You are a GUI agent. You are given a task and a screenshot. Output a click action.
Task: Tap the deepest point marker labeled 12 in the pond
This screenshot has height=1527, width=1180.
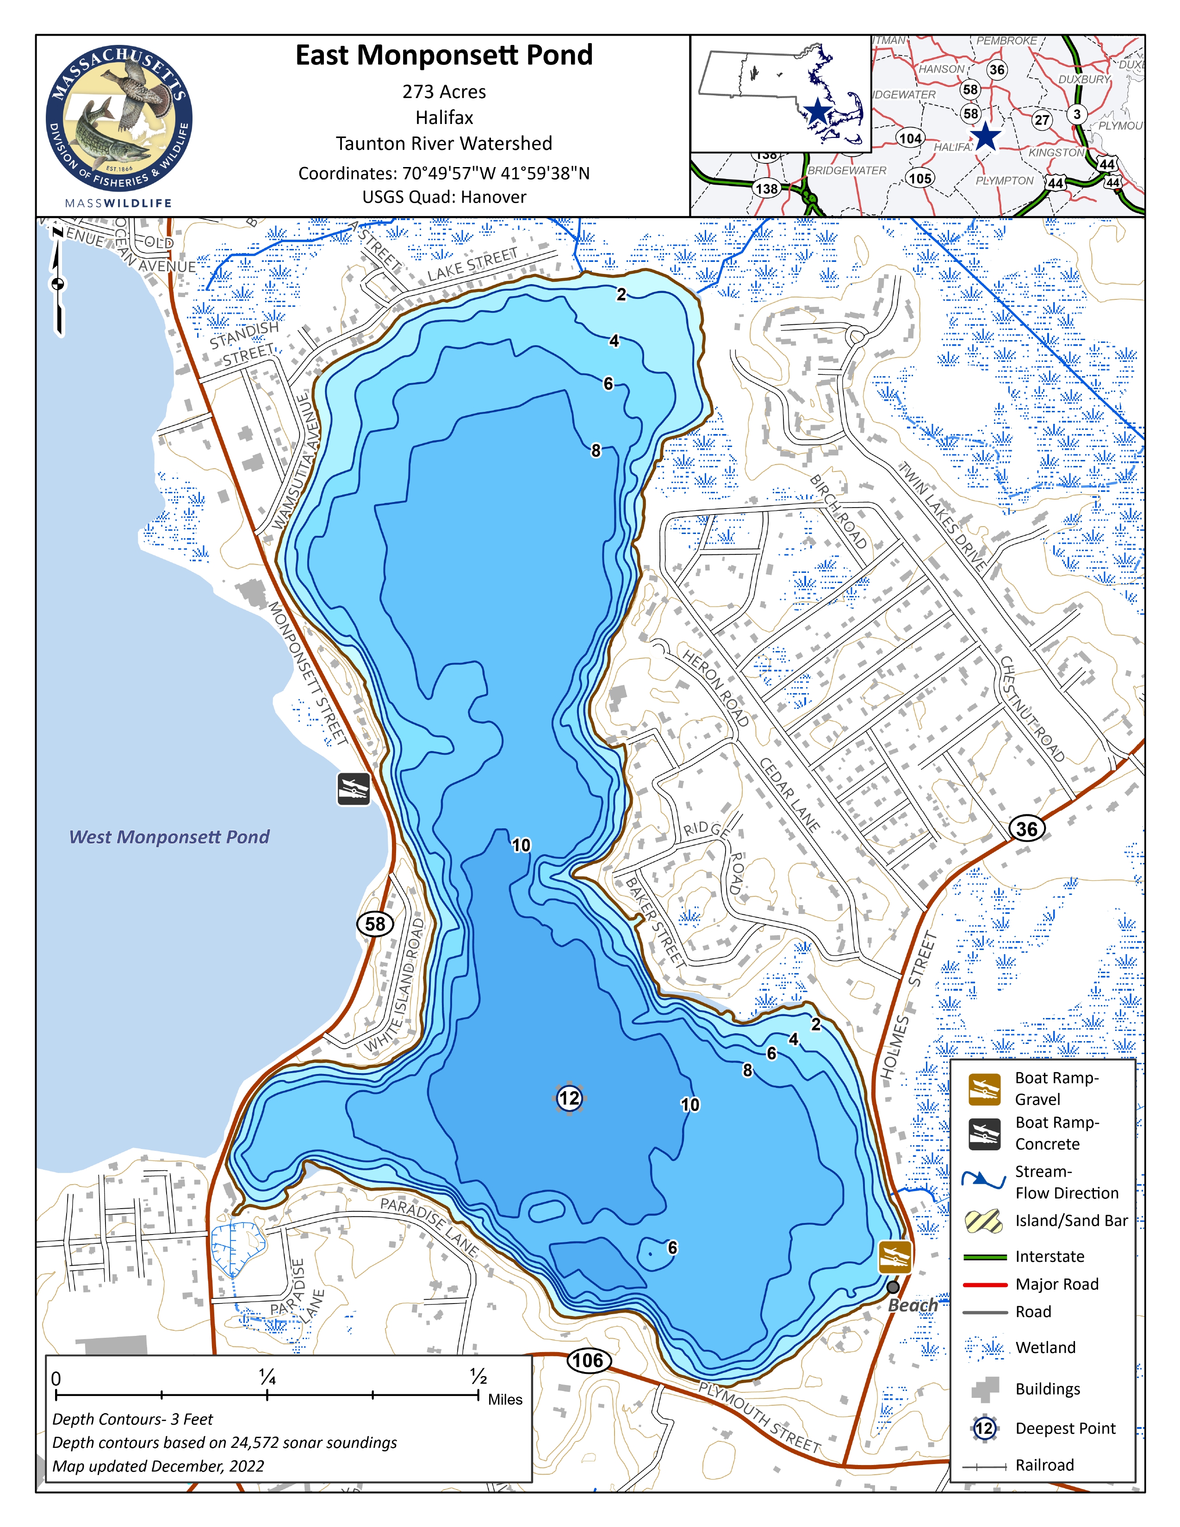pyautogui.click(x=569, y=1098)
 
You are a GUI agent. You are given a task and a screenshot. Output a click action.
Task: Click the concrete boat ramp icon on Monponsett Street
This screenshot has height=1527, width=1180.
pyautogui.click(x=354, y=789)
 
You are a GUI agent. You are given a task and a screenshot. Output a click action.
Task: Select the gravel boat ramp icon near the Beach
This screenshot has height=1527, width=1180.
pyautogui.click(x=895, y=1257)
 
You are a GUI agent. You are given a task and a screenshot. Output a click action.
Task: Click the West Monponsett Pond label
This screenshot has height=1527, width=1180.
pyautogui.click(x=169, y=837)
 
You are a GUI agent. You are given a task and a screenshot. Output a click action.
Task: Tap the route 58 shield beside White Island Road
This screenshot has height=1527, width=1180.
pyautogui.click(x=375, y=924)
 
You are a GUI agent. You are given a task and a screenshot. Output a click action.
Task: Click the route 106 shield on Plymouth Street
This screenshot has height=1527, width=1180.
pyautogui.click(x=588, y=1360)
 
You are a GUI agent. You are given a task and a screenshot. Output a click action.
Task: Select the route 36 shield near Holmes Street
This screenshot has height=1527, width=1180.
pyautogui.click(x=1026, y=829)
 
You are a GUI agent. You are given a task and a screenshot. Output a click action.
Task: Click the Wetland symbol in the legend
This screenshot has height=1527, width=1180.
pyautogui.click(x=984, y=1347)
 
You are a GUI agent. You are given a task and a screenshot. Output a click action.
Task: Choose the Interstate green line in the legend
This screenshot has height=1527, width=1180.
pyautogui.click(x=984, y=1256)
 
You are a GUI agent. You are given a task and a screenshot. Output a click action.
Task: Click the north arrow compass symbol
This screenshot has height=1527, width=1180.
pyautogui.click(x=58, y=283)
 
